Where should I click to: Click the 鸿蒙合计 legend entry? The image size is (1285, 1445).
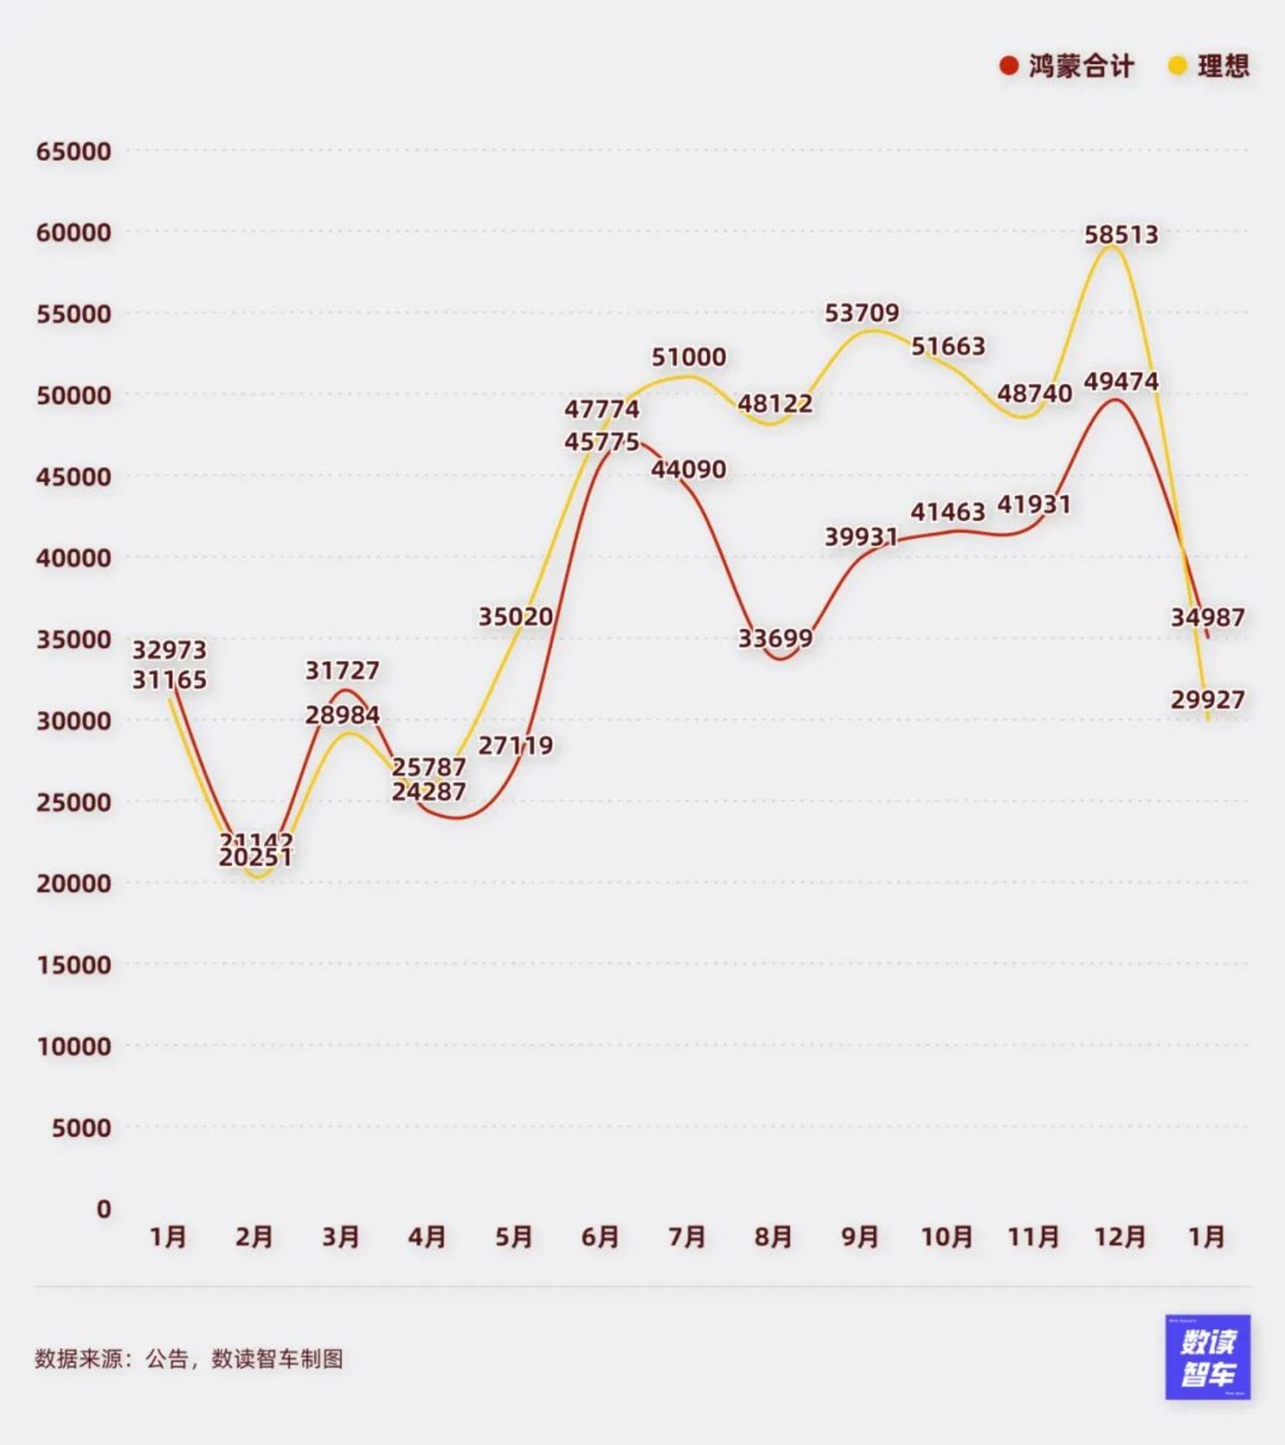1067,66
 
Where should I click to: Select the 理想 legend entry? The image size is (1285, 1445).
1210,66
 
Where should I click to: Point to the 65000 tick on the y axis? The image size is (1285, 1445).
74,151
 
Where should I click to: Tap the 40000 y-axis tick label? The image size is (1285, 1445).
74,557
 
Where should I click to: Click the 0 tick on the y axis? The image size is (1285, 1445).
104,1209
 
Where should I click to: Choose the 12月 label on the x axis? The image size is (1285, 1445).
1120,1237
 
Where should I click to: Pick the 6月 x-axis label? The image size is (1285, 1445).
600,1237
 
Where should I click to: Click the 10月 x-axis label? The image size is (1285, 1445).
947,1237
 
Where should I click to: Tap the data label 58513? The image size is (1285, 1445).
1121,235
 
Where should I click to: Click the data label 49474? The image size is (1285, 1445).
1121,382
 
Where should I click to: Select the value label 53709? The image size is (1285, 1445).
861,313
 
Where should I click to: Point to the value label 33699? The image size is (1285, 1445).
775,639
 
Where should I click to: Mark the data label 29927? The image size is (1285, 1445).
1207,700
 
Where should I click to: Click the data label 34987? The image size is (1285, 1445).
1207,617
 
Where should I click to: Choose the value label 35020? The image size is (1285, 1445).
515,616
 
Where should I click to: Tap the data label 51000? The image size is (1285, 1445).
688,357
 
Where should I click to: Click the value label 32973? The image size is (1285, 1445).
169,649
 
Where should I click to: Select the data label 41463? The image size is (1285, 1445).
948,512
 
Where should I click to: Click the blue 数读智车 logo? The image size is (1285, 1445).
1207,1357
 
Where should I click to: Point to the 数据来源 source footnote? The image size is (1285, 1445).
188,1358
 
